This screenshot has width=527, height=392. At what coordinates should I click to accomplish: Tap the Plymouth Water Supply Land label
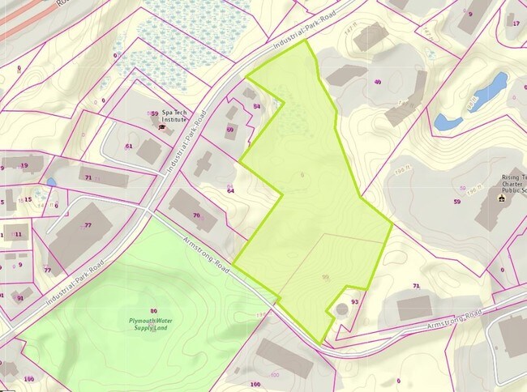153,324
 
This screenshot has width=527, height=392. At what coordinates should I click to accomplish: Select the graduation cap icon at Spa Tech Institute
161,127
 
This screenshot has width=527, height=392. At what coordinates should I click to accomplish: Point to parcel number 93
355,301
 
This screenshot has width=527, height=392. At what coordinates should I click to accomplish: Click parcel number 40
378,82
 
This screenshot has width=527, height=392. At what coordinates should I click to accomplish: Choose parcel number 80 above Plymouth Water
153,311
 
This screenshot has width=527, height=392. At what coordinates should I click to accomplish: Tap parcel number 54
257,106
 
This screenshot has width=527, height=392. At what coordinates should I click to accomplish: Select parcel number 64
231,190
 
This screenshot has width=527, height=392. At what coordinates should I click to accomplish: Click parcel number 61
129,146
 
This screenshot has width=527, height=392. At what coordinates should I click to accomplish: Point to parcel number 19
24,165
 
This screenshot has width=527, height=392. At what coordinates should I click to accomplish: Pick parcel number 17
516,23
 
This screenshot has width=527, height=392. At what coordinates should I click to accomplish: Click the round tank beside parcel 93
340,310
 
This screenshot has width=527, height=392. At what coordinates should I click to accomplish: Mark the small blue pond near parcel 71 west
52,182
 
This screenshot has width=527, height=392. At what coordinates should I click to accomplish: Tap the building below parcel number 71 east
414,307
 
